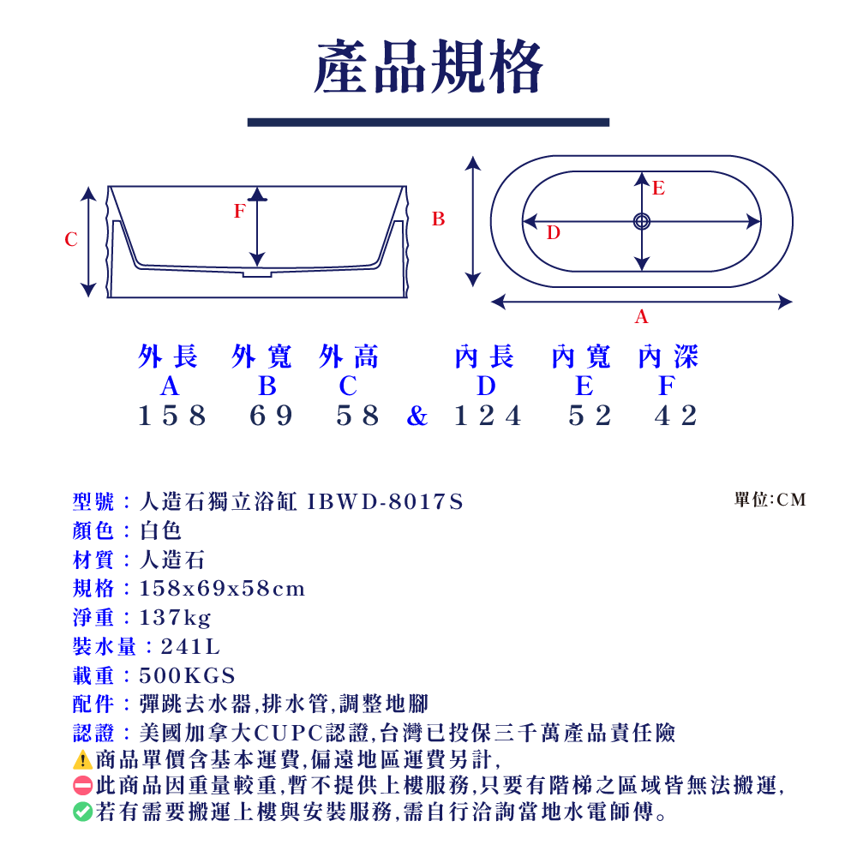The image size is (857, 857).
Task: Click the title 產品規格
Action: pos(428,69)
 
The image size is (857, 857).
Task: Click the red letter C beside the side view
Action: pos(71,240)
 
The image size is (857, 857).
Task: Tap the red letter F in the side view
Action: pos(240,211)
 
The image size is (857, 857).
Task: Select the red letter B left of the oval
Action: pos(438,219)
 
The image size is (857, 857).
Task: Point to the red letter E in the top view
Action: pos(658,189)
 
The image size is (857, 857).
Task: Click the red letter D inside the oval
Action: pos(554,232)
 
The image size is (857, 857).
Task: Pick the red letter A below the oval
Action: pos(641,317)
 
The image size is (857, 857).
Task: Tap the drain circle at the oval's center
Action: pos(641,221)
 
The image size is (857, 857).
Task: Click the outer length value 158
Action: pos(172,416)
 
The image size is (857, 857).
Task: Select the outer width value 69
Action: pos(273,416)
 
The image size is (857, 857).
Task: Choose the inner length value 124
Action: pos(488,416)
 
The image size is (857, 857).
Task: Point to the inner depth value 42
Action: pos(677,416)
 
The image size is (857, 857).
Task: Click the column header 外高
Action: pos(348,357)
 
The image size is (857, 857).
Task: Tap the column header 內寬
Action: pos(581,357)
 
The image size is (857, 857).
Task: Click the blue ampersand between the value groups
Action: pos(417,417)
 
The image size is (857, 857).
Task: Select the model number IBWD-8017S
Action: pos(386,501)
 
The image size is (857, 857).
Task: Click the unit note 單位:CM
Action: pos(770,500)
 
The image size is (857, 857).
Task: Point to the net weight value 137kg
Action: pos(176,617)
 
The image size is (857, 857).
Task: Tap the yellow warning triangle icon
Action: pos(82,759)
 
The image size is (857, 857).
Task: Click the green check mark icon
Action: pos(82,811)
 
